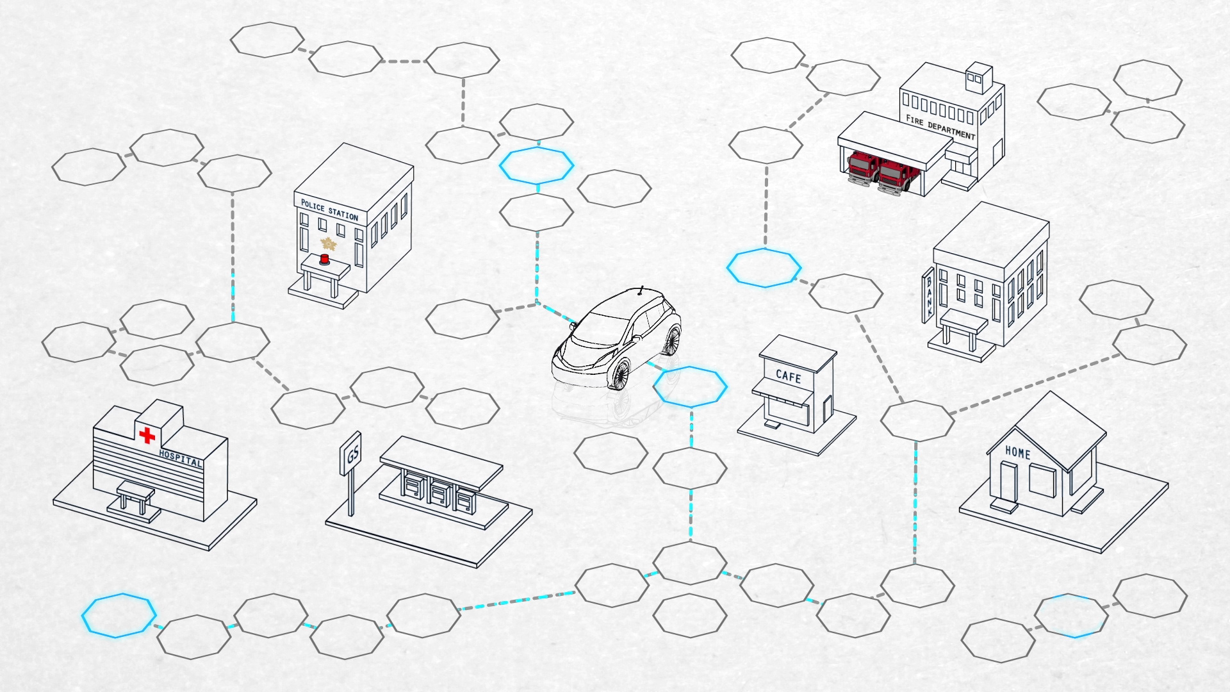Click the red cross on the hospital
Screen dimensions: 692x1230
[147, 436]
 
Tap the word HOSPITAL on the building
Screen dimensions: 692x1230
[180, 459]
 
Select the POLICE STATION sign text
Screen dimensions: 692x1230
[329, 210]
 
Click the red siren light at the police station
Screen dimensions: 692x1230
[324, 259]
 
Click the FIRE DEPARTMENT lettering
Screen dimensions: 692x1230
[940, 127]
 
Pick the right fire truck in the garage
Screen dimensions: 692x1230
[894, 176]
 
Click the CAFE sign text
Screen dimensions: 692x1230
[788, 377]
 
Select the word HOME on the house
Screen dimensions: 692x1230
[1017, 452]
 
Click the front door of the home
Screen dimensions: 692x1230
[1008, 482]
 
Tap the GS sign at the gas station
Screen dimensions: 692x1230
[352, 454]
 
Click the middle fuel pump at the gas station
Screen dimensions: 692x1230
[439, 493]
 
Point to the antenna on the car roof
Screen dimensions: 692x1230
[641, 291]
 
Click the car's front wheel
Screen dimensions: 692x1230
[620, 374]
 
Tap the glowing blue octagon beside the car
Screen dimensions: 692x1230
[690, 386]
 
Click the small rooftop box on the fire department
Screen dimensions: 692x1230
[978, 78]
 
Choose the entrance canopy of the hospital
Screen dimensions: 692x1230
[136, 492]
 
